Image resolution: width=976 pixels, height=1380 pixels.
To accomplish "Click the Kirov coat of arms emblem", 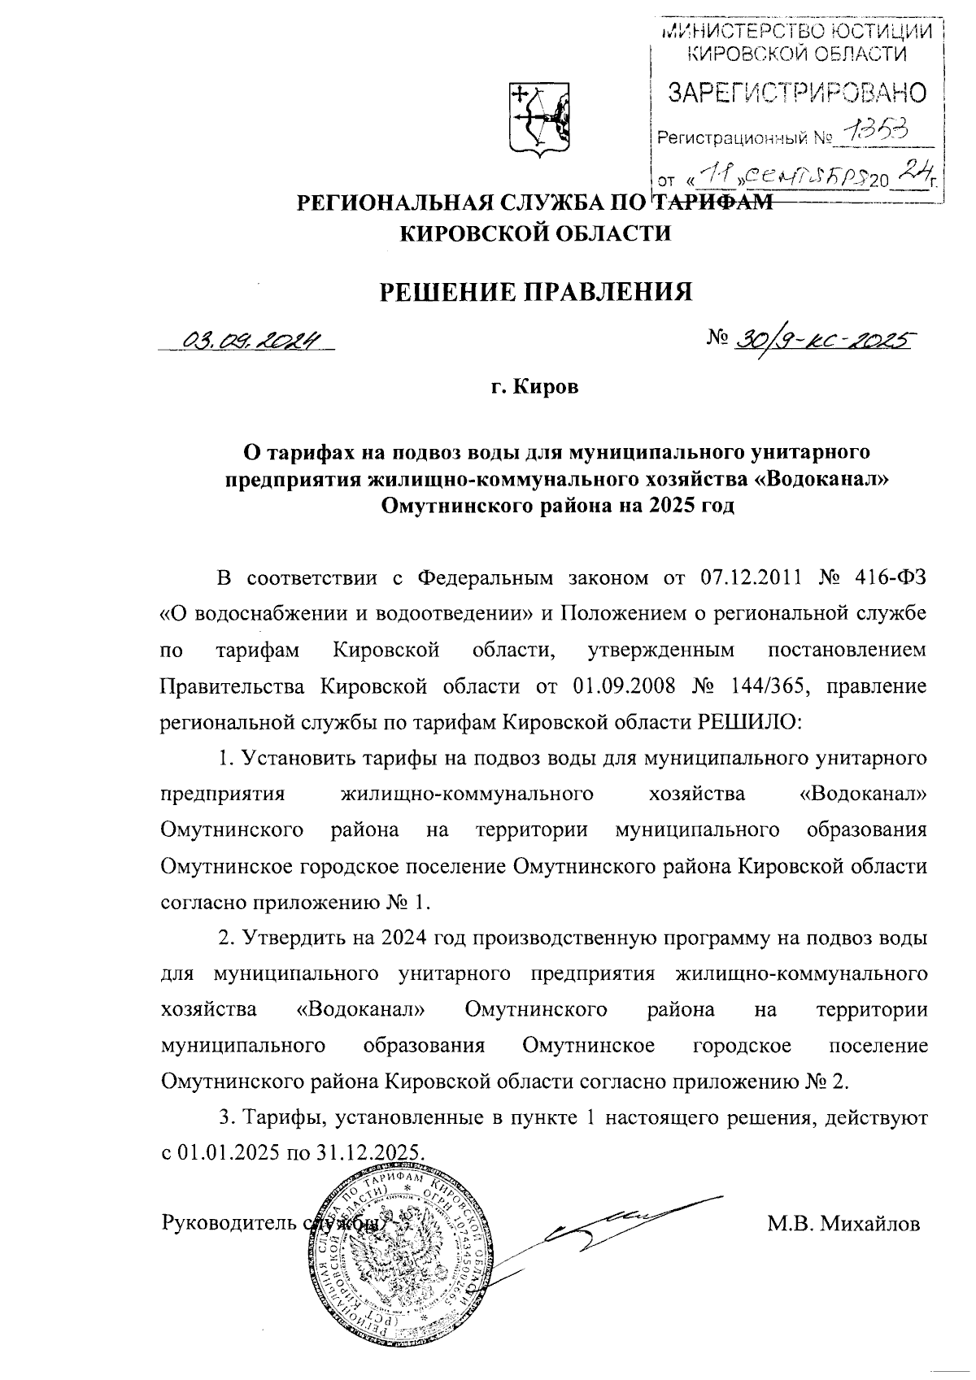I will [x=538, y=118].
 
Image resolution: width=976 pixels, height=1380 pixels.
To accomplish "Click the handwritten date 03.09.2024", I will [x=252, y=341].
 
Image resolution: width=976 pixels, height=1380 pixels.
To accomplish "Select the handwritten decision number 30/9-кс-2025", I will [x=822, y=341].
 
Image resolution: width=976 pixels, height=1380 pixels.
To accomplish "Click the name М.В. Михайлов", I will [x=843, y=1223].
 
